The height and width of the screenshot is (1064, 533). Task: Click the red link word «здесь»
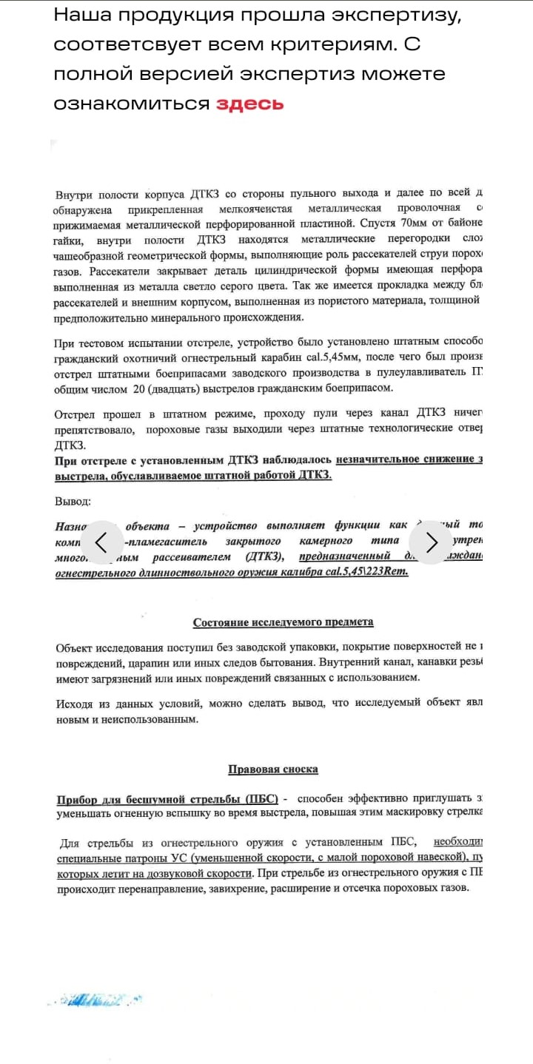(x=249, y=104)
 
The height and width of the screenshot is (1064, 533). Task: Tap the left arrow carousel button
(x=102, y=542)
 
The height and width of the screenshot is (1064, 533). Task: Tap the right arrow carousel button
(x=431, y=542)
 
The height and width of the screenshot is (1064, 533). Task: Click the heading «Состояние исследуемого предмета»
(x=283, y=622)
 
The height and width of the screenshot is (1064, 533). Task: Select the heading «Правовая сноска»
(x=273, y=769)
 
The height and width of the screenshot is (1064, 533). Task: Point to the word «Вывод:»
(x=73, y=502)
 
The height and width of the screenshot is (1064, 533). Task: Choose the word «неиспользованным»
(x=156, y=718)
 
